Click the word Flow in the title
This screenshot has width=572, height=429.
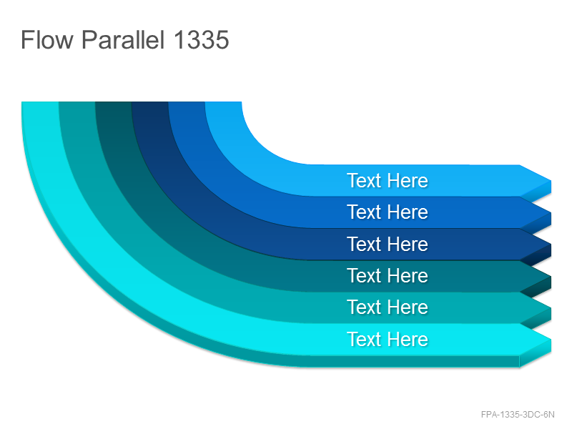tap(47, 39)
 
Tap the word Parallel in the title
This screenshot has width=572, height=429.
tap(123, 39)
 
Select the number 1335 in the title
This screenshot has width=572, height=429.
tap(202, 39)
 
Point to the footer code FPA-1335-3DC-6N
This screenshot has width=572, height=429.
tap(518, 415)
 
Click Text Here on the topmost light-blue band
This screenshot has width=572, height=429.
tap(388, 181)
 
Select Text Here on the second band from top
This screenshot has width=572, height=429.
tap(388, 212)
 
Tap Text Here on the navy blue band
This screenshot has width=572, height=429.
tap(388, 244)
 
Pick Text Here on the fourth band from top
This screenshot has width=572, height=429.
tap(388, 275)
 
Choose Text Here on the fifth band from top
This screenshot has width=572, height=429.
tap(388, 307)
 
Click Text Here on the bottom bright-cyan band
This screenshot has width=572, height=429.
tap(388, 339)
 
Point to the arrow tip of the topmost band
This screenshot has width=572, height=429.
tap(551, 181)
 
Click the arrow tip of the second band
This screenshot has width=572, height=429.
tap(551, 212)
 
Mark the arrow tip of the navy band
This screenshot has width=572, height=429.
tap(551, 245)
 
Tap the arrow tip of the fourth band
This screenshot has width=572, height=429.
tap(551, 276)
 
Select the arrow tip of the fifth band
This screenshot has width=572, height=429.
tap(551, 308)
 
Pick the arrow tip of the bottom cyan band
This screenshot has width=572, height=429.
tap(551, 340)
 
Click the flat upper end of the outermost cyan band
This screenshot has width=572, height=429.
tap(40, 102)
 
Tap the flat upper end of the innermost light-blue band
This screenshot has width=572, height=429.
tap(223, 102)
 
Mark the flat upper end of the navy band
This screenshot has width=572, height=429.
tap(150, 102)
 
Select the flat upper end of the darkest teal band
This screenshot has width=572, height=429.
tap(114, 102)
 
